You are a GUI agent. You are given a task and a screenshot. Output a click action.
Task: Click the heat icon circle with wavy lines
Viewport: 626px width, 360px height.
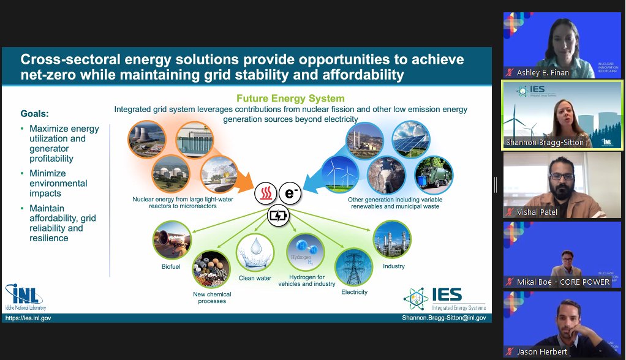point(265,193)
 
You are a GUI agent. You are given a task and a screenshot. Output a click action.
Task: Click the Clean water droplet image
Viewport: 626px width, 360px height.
point(255,253)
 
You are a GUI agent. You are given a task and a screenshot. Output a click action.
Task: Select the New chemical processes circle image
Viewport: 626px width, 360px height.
point(211,270)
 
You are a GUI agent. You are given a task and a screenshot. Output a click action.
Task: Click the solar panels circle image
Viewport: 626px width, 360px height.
point(411,140)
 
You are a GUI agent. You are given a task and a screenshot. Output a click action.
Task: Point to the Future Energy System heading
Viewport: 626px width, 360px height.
point(290,98)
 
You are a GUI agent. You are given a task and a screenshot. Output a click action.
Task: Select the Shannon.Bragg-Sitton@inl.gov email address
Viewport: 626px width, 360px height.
point(443,318)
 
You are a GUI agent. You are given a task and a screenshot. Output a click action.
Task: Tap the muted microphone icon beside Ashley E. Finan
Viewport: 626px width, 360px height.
point(509,72)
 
